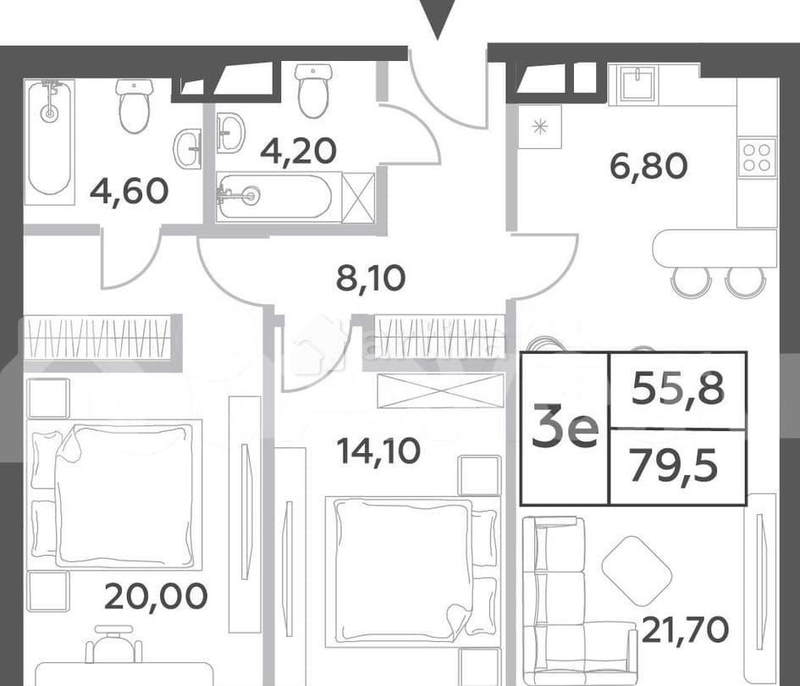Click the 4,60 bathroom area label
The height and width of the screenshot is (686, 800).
pyautogui.click(x=129, y=191)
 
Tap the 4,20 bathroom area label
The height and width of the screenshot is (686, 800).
pyautogui.click(x=298, y=151)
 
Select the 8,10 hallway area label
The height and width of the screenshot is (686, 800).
pyautogui.click(x=371, y=277)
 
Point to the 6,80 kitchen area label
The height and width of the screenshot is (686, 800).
pyautogui.click(x=648, y=166)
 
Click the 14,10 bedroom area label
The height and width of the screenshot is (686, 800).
pyautogui.click(x=378, y=451)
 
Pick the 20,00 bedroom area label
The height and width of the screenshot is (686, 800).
pyautogui.click(x=156, y=596)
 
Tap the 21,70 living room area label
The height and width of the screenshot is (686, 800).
pyautogui.click(x=685, y=629)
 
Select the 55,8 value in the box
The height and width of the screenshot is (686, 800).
pyautogui.click(x=678, y=390)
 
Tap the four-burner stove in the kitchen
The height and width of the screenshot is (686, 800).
pyautogui.click(x=756, y=158)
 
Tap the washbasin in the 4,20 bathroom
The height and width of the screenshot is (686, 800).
pyautogui.click(x=229, y=133)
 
